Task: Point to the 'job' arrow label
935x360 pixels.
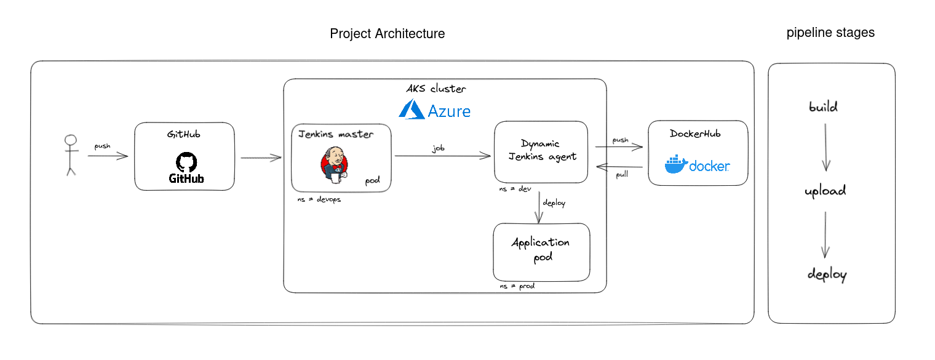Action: (438, 148)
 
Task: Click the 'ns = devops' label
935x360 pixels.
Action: (319, 200)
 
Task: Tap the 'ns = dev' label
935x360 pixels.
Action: (515, 190)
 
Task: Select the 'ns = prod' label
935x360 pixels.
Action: (517, 286)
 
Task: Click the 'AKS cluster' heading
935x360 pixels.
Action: (436, 89)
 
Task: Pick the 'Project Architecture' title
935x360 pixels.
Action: (387, 33)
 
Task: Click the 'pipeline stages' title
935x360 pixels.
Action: (830, 33)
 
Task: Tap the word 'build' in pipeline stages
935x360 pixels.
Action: (823, 107)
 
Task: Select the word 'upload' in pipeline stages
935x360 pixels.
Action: (825, 191)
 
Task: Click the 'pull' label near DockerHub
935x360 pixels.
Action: (621, 175)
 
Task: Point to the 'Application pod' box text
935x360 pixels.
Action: (541, 249)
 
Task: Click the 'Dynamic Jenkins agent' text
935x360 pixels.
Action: (541, 150)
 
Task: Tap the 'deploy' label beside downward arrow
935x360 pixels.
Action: (554, 203)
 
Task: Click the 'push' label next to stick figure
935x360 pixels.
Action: (102, 146)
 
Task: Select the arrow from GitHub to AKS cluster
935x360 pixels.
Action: (261, 158)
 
